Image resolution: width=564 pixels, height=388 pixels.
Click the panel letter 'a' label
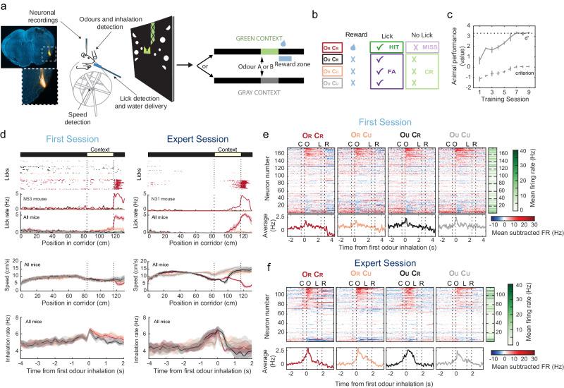coord(4,5)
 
